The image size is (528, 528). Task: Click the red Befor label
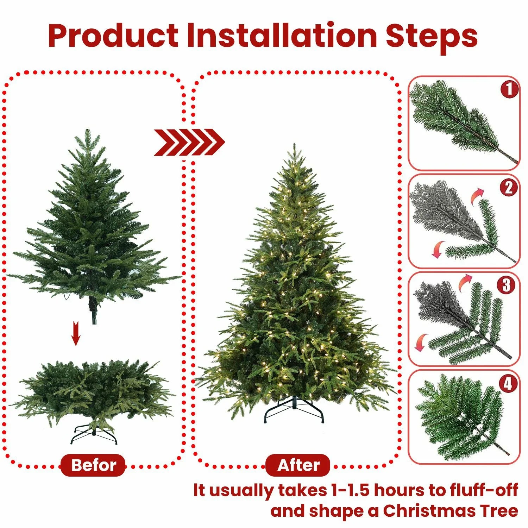click(93, 465)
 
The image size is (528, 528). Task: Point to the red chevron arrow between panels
click(189, 143)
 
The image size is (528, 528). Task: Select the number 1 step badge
click(509, 89)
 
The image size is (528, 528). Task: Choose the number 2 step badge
click(509, 187)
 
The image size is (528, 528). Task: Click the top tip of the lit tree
click(294, 145)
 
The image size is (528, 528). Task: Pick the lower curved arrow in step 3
click(421, 342)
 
